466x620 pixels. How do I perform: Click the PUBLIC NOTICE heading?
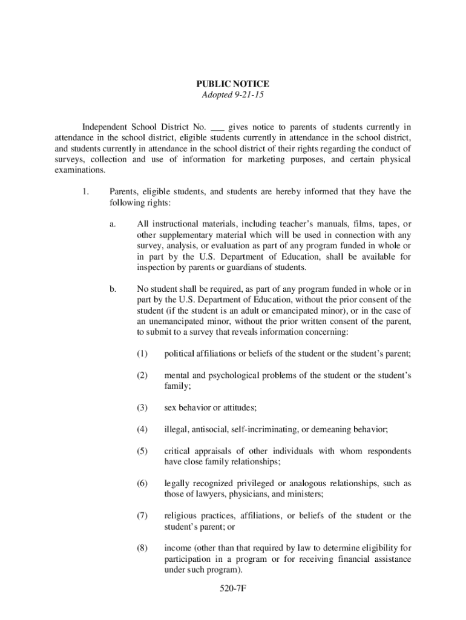coord(232,84)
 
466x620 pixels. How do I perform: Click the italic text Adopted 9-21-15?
coord(232,96)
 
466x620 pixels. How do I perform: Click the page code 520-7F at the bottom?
coord(233,587)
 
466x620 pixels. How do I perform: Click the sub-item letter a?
coord(113,224)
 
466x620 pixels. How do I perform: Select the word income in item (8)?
coord(177,549)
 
